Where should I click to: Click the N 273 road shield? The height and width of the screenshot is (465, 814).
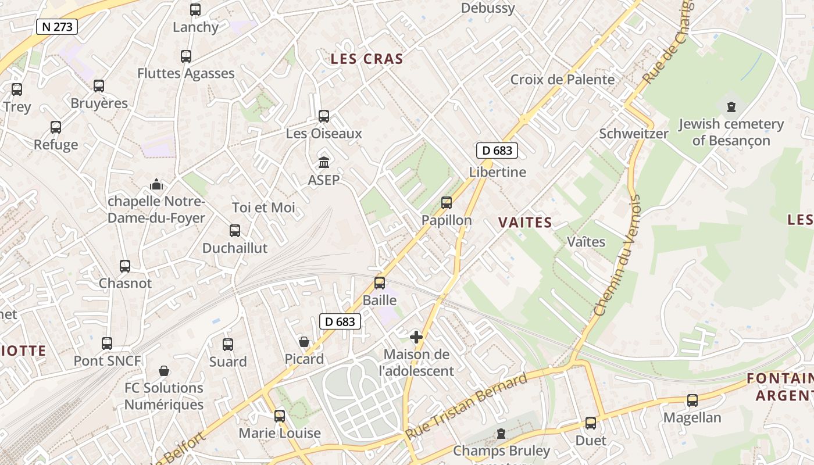[57, 26]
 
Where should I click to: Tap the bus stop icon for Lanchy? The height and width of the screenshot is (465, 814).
[195, 10]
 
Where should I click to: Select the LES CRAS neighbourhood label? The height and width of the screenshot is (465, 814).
[367, 59]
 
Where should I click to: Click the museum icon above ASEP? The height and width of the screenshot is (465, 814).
[324, 162]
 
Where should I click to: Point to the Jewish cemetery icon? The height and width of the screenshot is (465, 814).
[731, 107]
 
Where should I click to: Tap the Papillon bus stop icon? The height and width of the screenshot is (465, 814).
[447, 203]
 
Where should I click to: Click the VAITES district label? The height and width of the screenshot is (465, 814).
[525, 223]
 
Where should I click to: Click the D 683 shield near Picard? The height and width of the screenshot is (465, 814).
[340, 321]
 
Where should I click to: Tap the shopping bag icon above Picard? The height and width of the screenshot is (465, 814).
[304, 341]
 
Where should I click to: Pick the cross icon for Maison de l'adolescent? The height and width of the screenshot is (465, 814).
[416, 337]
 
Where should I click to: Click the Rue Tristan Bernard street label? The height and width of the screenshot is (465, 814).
[466, 406]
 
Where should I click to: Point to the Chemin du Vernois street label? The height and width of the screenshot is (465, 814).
[617, 256]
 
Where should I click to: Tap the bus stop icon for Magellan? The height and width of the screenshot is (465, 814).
[692, 400]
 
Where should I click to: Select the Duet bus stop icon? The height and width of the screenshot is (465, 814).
[591, 423]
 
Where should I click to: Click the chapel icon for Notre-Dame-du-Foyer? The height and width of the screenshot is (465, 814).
[156, 185]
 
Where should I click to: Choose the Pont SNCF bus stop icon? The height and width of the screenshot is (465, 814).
[107, 344]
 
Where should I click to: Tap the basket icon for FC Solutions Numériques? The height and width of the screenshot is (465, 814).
[165, 371]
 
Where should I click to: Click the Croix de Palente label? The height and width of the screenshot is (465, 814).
[562, 80]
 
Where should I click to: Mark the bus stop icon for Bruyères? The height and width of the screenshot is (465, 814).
[99, 86]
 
